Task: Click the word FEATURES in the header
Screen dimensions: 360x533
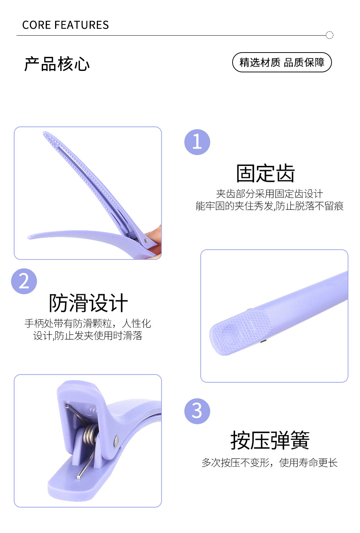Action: point(81,25)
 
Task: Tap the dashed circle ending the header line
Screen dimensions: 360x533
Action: point(329,35)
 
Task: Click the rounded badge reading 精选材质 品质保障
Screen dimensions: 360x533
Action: point(282,62)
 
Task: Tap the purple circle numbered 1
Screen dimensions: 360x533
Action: point(197,142)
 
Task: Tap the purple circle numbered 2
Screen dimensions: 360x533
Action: point(24,281)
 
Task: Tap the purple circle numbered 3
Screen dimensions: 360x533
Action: point(197,411)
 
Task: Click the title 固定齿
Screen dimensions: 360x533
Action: point(265,173)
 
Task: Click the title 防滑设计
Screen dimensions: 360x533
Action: point(88,303)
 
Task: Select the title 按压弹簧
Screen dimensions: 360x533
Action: point(270,440)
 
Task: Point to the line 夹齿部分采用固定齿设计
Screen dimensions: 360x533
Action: point(270,194)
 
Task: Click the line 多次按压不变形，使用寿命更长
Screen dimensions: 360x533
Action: point(270,463)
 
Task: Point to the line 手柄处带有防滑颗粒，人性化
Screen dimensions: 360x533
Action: point(88,324)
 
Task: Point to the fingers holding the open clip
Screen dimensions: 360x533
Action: point(154,241)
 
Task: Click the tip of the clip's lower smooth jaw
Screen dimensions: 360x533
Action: point(29,237)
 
